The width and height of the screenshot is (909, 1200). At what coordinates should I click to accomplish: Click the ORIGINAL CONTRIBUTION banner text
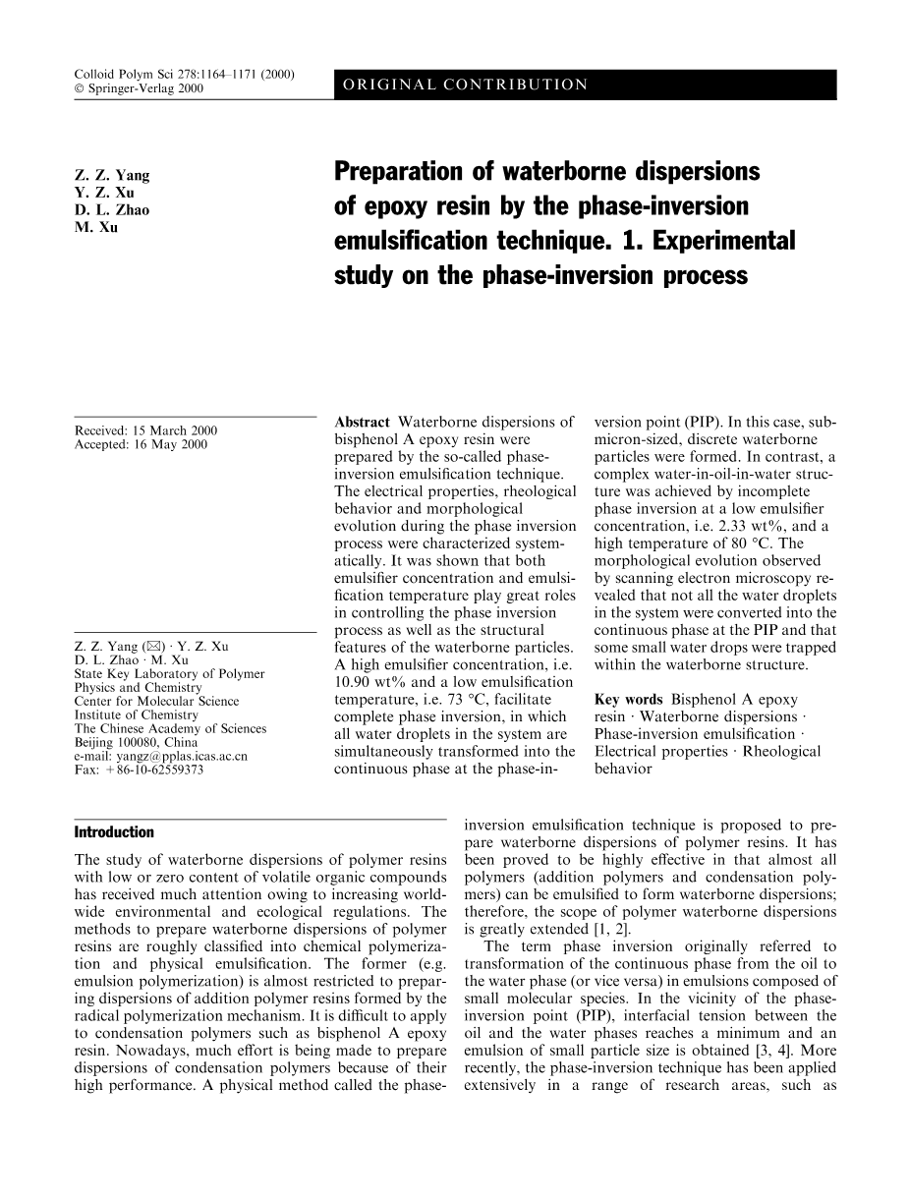pyautogui.click(x=465, y=86)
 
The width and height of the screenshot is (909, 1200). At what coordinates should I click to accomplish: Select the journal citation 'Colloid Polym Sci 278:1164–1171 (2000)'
pyautogui.click(x=188, y=75)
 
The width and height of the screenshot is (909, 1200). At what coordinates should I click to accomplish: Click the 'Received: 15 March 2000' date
pyautogui.click(x=145, y=431)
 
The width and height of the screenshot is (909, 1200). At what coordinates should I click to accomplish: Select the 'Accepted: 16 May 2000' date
pyautogui.click(x=141, y=445)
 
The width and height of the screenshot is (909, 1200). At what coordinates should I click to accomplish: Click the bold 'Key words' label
pyautogui.click(x=629, y=700)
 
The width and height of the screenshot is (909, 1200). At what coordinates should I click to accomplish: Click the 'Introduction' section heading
pyautogui.click(x=114, y=832)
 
